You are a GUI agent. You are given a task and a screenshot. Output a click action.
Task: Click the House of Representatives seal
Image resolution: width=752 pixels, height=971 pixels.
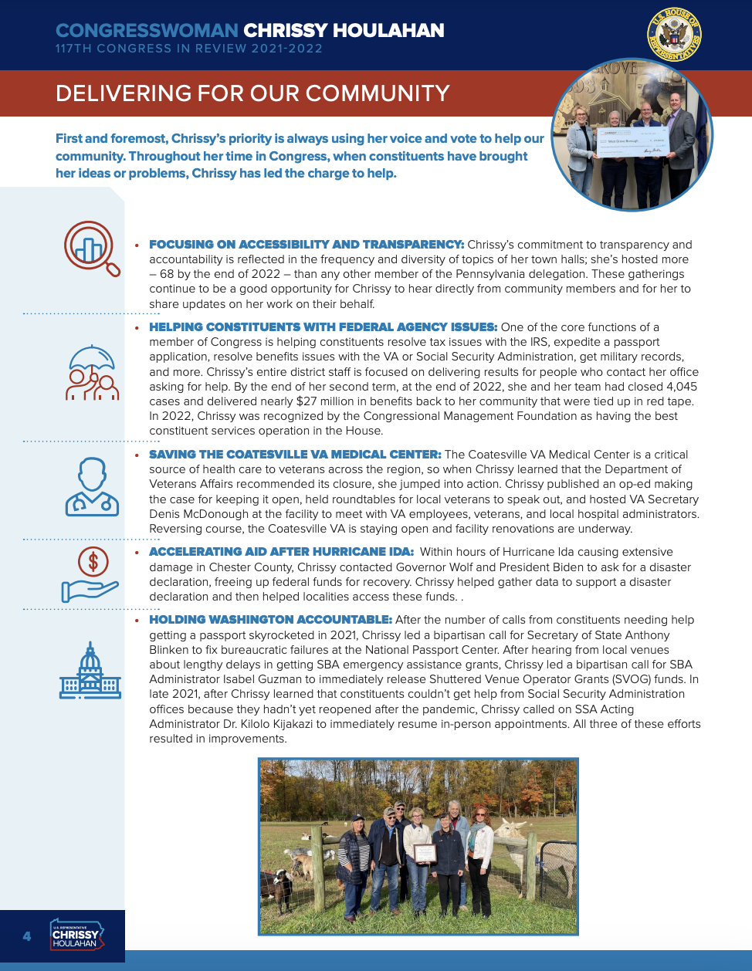674,35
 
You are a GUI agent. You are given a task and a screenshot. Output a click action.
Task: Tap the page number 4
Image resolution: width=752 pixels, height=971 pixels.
27,936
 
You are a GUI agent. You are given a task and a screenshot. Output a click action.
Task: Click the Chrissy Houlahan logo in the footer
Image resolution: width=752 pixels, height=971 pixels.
76,935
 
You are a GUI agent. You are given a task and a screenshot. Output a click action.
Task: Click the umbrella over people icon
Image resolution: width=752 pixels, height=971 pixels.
93,373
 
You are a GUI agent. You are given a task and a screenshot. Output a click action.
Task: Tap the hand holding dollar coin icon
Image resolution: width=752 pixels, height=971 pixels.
90,574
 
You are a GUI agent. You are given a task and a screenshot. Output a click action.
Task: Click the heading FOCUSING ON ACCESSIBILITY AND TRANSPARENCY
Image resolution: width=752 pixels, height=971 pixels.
306,245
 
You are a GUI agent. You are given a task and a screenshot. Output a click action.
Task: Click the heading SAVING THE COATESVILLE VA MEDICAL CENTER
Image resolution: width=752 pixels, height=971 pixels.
295,455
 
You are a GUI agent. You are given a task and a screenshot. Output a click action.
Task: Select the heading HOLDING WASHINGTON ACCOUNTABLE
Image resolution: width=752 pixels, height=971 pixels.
270,620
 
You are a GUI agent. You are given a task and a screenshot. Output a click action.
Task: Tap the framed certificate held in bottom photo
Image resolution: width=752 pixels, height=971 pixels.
425,853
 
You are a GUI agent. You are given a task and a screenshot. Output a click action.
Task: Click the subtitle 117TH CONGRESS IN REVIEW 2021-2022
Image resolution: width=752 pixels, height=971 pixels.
189,49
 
